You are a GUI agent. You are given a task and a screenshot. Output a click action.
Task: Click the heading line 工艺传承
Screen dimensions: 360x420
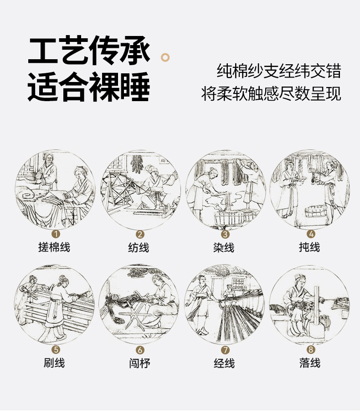click(89, 51)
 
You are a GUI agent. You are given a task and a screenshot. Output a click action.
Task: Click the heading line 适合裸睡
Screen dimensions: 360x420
click(89, 87)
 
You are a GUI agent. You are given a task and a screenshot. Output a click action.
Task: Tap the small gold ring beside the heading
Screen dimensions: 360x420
click(165, 57)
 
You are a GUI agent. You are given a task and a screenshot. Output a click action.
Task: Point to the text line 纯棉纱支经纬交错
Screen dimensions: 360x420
click(279, 71)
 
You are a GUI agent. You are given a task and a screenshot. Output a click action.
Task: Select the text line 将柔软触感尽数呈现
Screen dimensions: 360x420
click(271, 93)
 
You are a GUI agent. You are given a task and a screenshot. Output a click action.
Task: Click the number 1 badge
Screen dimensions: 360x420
click(56, 234)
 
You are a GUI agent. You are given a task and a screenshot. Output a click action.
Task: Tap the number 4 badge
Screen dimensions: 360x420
click(311, 234)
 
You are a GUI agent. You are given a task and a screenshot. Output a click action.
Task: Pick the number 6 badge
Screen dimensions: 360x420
click(140, 350)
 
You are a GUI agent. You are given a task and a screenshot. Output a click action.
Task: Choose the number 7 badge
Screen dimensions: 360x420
click(225, 350)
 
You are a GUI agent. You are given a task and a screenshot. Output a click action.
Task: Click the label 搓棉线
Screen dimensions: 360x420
click(54, 247)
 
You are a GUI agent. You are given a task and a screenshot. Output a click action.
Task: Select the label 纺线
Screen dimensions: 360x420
click(139, 247)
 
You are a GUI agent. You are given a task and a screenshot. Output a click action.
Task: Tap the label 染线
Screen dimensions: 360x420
click(224, 247)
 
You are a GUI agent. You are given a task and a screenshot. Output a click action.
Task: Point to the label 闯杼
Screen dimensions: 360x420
click(139, 363)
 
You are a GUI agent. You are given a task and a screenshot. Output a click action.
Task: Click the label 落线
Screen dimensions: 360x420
click(310, 363)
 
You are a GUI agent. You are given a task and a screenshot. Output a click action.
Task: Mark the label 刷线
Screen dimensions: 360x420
click(54, 363)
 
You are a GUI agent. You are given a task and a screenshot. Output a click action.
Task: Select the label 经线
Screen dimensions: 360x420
click(224, 363)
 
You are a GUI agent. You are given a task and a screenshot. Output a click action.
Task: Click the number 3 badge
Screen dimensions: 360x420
click(225, 234)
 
